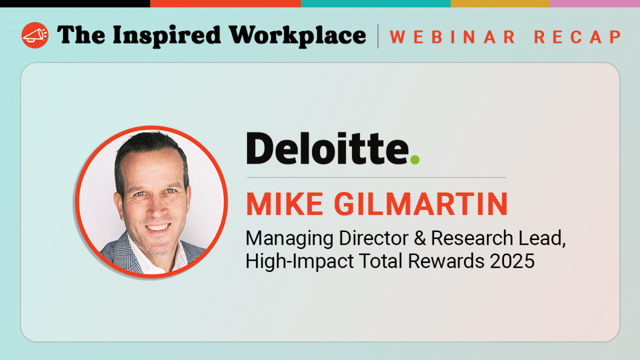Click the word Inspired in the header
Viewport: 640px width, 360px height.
164,35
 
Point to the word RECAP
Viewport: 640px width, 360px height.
577,37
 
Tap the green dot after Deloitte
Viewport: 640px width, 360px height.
414,159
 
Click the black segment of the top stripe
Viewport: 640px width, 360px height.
75,3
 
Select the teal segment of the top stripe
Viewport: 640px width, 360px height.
375,3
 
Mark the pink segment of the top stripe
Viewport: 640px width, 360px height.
594,3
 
